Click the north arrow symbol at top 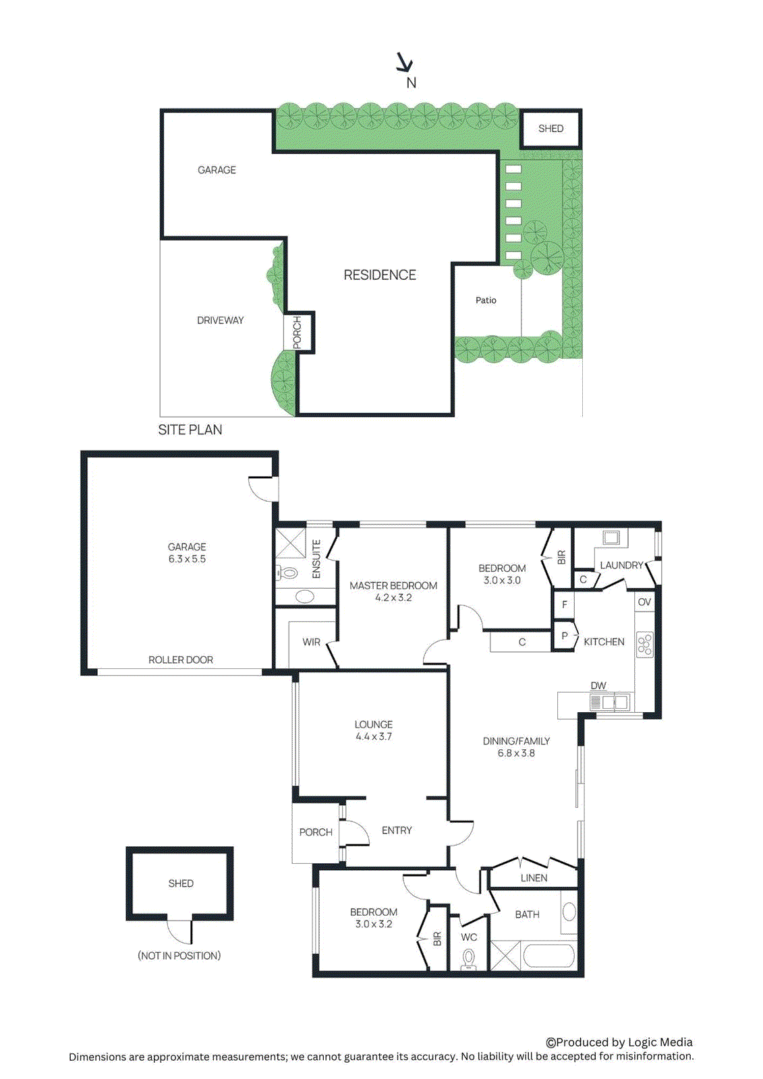point(404,63)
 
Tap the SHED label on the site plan point(550,129)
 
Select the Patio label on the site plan point(486,300)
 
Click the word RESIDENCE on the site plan point(380,275)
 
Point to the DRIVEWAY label point(220,320)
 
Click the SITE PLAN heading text point(190,430)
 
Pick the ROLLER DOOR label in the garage point(180,660)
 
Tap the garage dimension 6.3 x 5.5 point(187,559)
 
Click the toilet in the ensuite point(288,573)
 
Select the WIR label point(311,642)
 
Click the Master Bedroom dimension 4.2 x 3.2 point(393,597)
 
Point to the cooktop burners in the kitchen point(645,644)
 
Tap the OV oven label point(644,602)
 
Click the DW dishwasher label point(598,686)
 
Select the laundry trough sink point(612,537)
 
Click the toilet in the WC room point(468,958)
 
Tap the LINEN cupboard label point(534,878)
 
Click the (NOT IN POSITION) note point(179,956)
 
